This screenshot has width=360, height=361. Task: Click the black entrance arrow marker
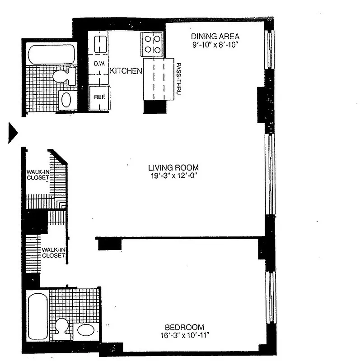(x=13, y=133)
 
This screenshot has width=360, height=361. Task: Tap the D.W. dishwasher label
(x=99, y=64)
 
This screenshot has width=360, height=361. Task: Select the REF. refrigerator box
(x=99, y=97)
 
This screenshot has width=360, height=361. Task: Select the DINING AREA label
(x=215, y=37)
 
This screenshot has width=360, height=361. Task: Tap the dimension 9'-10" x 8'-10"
(x=215, y=45)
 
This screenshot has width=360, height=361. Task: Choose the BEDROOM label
(x=184, y=327)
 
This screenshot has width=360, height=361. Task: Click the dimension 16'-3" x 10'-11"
(x=184, y=335)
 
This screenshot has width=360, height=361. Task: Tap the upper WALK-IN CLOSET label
(x=37, y=175)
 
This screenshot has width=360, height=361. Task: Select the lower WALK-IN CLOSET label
(x=54, y=252)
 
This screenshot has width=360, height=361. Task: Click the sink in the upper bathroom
(x=66, y=100)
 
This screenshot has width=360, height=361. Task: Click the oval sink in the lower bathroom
(x=86, y=330)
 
